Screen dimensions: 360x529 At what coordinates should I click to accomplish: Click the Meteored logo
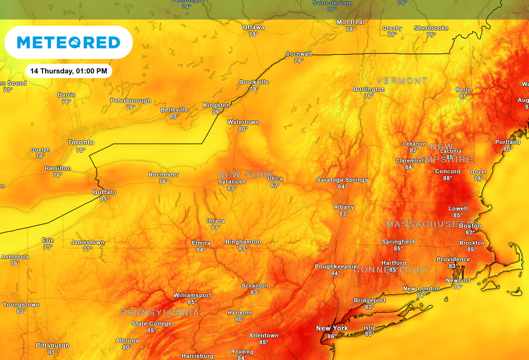click(68, 42)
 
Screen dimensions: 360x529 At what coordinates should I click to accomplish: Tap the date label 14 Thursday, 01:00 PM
click(68, 71)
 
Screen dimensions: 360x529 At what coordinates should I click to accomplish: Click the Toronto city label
click(81, 143)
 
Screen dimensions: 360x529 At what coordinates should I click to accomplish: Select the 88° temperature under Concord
click(447, 178)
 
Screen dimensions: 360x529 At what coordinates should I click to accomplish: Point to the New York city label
click(332, 328)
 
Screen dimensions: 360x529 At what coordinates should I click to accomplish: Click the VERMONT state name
click(402, 81)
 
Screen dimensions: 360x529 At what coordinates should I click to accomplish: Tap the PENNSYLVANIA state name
click(160, 313)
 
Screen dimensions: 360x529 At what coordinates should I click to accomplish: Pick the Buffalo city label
click(104, 192)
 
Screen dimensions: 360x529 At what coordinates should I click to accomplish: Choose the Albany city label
click(344, 207)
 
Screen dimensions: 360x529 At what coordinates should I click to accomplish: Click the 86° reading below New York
click(332, 336)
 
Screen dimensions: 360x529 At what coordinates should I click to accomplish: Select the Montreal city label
click(350, 22)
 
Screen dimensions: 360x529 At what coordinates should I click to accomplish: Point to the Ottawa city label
click(253, 27)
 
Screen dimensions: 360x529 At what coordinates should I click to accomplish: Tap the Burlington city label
click(369, 89)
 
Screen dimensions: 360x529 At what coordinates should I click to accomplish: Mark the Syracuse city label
click(232, 182)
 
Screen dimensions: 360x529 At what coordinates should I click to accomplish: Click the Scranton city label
click(255, 286)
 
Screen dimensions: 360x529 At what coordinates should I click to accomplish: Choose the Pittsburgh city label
click(53, 345)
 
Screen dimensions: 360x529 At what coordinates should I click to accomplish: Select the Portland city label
click(508, 142)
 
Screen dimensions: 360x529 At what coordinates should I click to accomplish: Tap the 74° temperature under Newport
click(458, 287)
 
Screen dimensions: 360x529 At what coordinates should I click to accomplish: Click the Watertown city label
click(243, 122)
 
